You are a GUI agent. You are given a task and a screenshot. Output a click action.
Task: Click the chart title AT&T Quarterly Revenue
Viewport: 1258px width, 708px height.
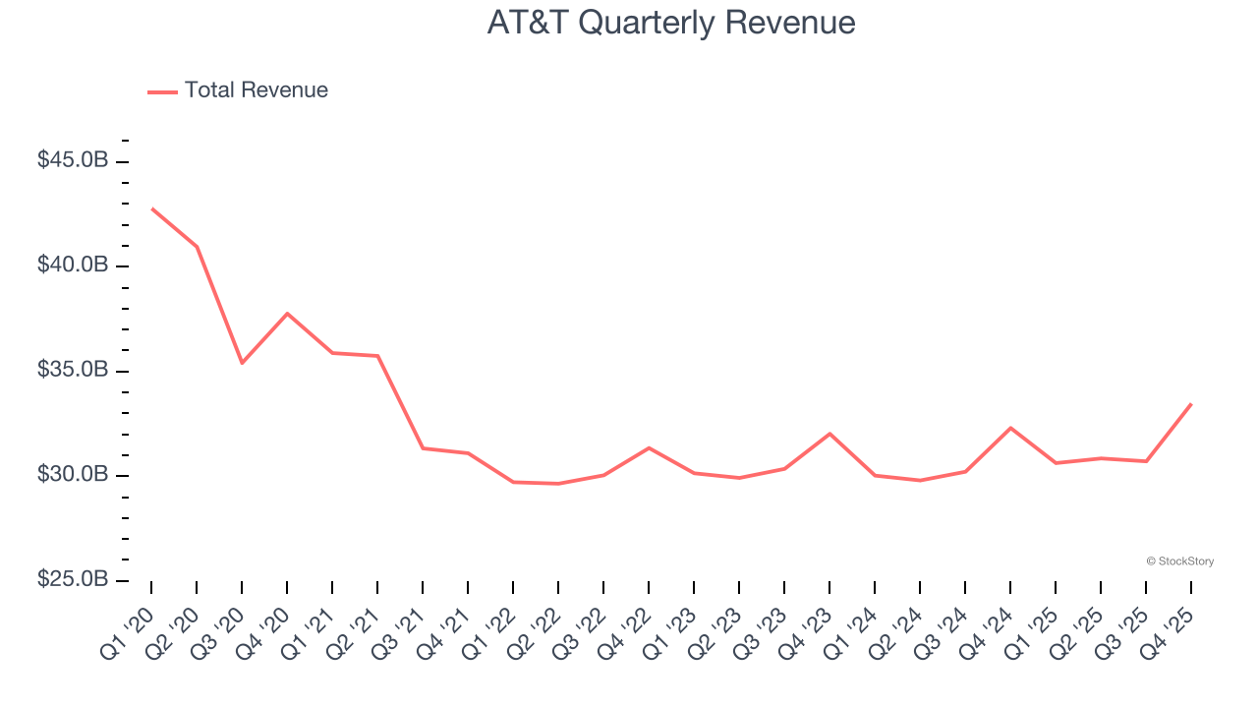(671, 23)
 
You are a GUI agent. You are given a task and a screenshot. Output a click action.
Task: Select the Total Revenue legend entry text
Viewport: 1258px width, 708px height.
(256, 90)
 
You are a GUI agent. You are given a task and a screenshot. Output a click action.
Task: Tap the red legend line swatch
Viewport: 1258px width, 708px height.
(162, 91)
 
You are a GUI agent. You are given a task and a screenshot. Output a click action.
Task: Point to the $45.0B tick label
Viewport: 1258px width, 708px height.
(73, 160)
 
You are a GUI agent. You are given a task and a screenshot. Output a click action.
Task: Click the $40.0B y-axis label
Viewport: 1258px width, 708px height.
(73, 265)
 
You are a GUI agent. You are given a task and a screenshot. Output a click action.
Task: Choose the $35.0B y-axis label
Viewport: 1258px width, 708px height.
(73, 371)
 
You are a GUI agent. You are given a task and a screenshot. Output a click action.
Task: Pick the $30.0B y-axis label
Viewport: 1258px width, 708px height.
(73, 475)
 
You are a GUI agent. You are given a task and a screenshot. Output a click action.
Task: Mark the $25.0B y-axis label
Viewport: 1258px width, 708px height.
(73, 580)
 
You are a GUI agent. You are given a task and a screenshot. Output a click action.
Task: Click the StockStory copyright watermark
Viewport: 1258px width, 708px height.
(1179, 561)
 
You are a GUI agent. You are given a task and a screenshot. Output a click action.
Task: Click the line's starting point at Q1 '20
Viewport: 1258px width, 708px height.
(151, 208)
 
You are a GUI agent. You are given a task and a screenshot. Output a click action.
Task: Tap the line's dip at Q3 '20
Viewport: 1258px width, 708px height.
(242, 363)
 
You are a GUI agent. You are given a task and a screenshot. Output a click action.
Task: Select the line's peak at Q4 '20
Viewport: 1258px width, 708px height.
(287, 314)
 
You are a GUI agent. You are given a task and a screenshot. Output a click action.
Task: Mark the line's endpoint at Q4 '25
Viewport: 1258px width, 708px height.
(1191, 404)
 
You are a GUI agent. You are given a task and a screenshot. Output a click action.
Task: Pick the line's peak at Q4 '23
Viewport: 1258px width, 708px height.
(829, 434)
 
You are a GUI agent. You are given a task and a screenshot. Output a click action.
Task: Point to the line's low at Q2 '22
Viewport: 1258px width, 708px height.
(558, 484)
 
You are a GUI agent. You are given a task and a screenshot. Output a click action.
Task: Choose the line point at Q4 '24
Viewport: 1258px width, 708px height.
(1010, 428)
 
